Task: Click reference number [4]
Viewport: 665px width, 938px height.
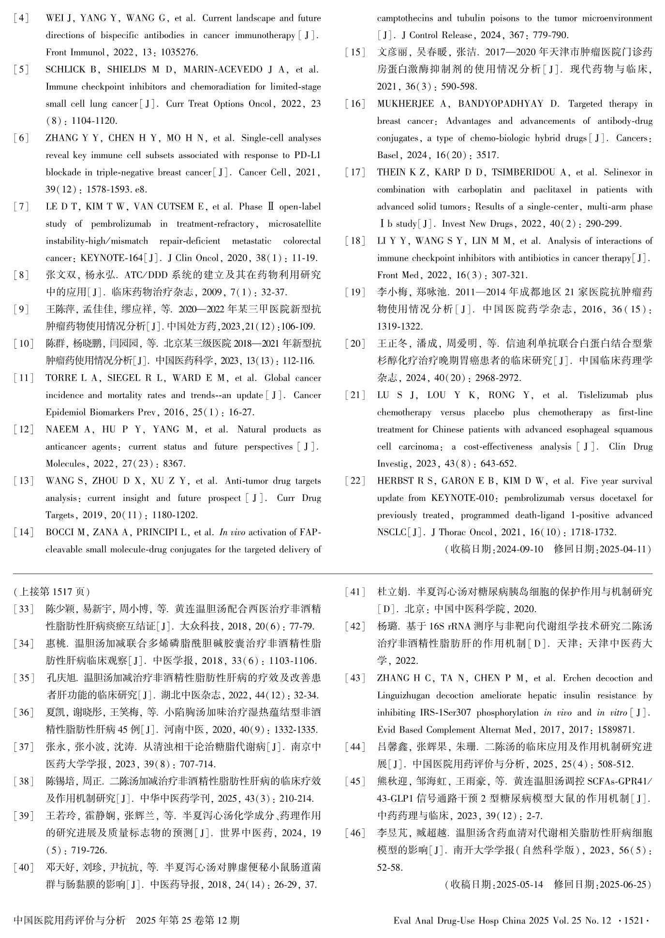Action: tap(21, 18)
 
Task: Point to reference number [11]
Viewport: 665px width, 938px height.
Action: tap(23, 378)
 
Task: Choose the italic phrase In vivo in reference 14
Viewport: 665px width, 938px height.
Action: tap(234, 532)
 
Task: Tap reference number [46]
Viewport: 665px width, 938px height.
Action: tap(355, 833)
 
